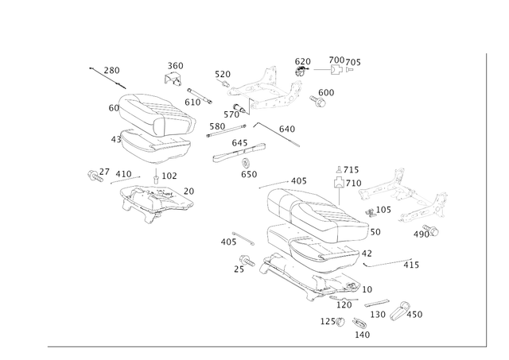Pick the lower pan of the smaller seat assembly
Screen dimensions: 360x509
pos(155,145)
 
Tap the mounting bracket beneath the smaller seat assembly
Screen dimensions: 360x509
pos(155,199)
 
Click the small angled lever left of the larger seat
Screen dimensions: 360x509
pos(235,239)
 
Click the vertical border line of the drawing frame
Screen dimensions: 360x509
pos(484,199)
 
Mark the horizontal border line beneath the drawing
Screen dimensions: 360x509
pos(262,346)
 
